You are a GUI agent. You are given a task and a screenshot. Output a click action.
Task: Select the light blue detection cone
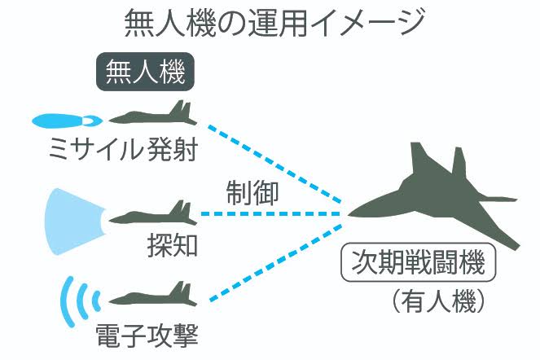tap(73, 216)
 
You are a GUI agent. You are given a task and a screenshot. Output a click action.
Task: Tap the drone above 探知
tap(152, 215)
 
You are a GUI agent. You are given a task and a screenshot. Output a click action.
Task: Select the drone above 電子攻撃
tap(152, 296)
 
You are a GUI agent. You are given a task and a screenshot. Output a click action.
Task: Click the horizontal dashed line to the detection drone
tap(273, 214)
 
